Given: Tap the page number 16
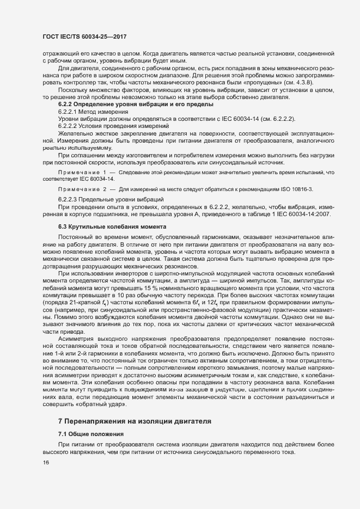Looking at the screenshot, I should coord(46,463).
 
